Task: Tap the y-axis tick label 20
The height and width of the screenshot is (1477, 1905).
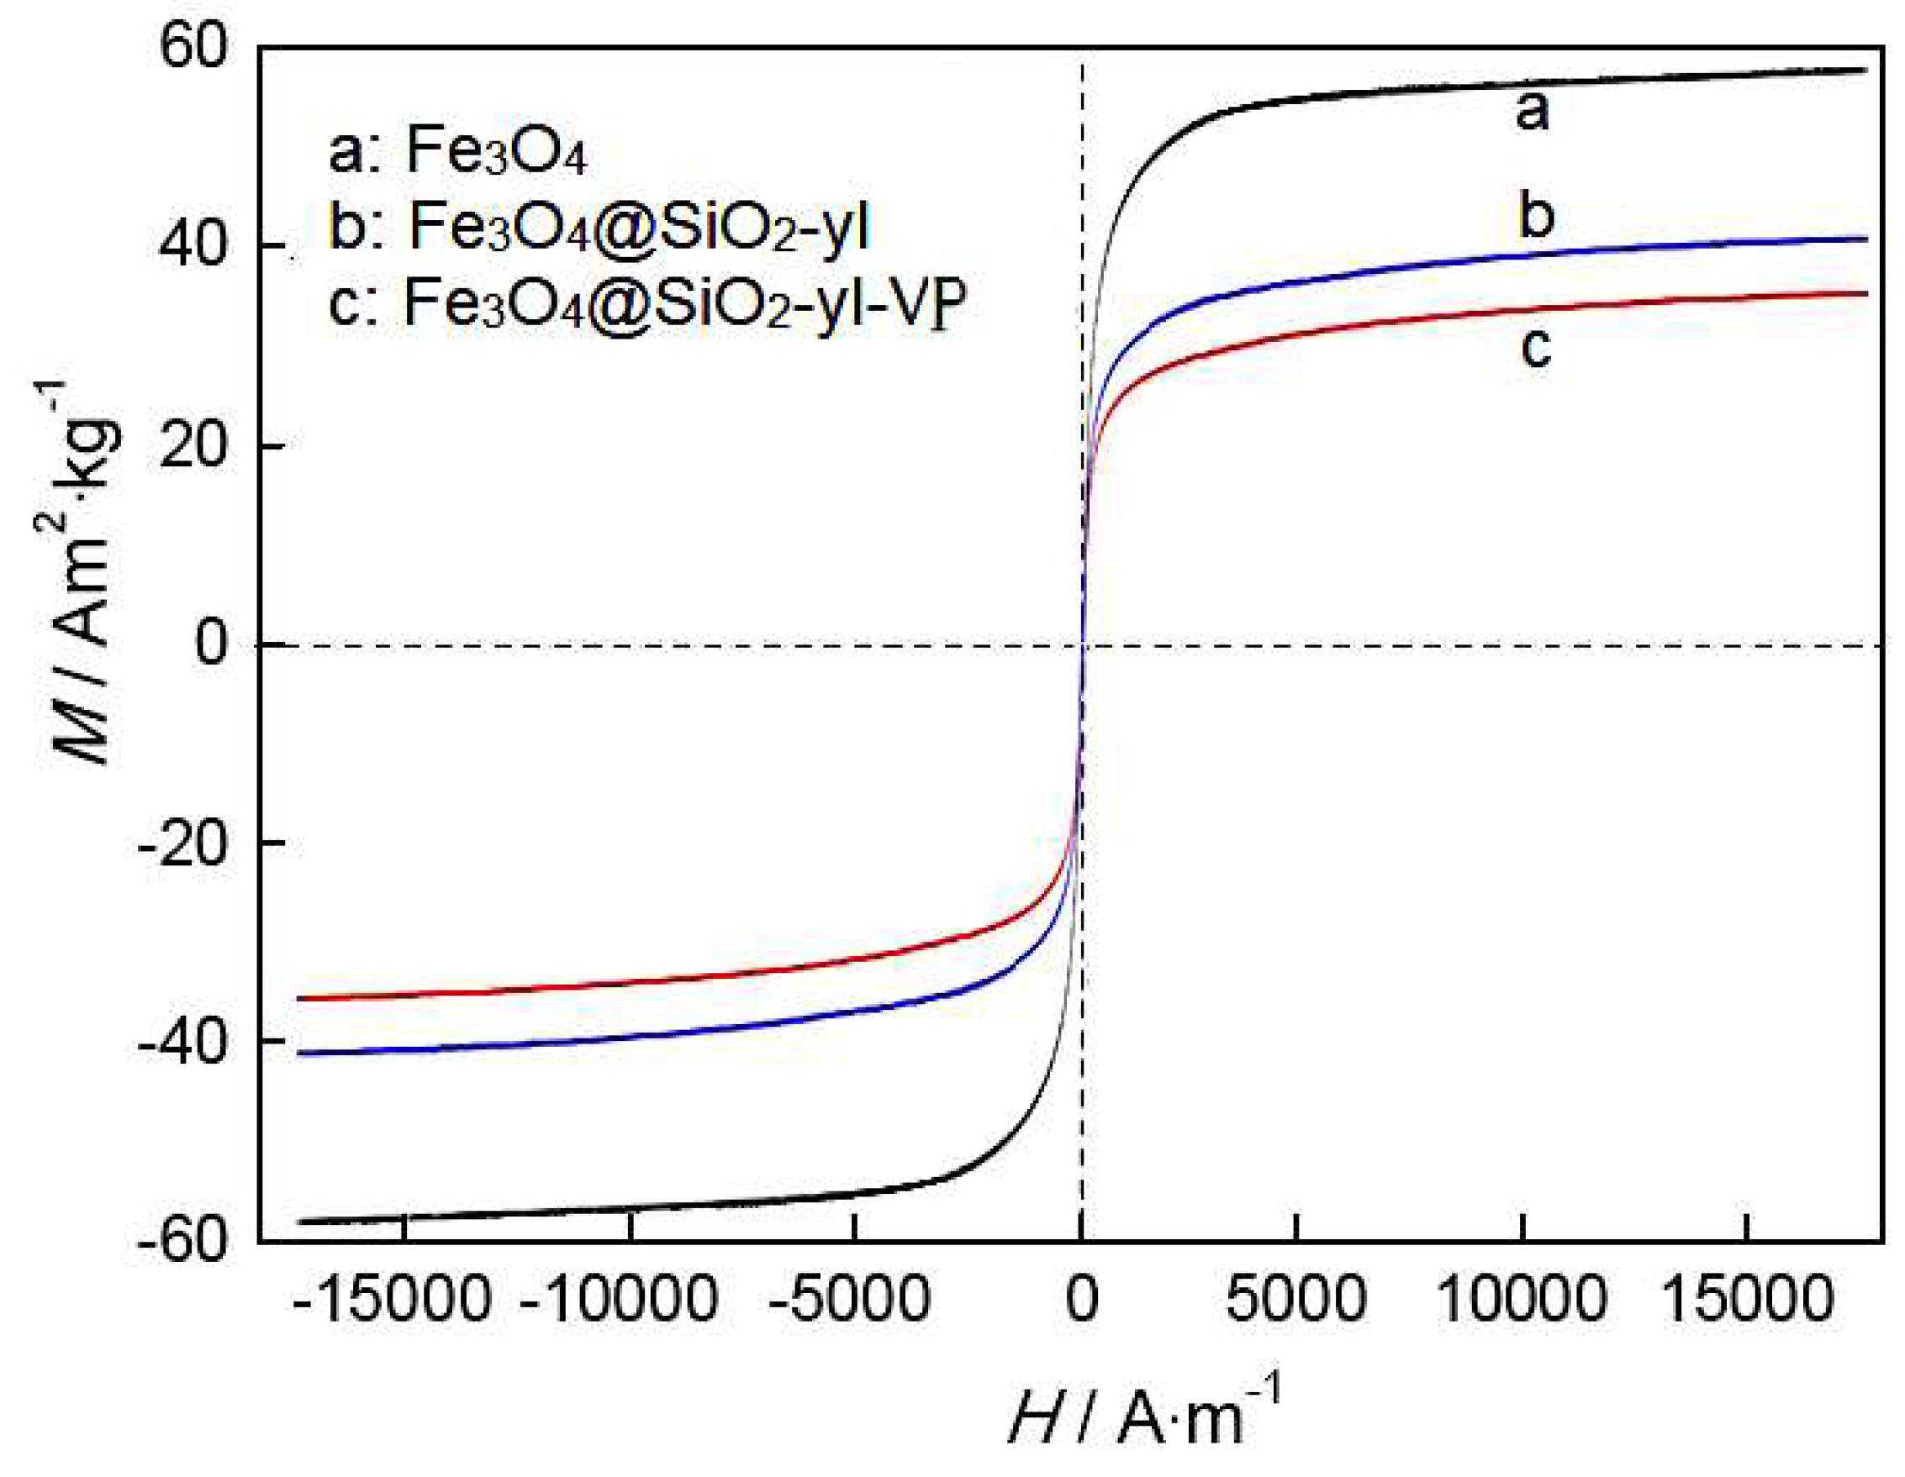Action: pos(193,445)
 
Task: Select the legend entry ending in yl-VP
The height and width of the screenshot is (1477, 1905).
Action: pos(646,304)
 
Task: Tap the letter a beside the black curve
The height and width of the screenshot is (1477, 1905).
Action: pos(1532,112)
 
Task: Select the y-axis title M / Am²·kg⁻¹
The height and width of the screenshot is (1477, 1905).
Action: pos(78,576)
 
